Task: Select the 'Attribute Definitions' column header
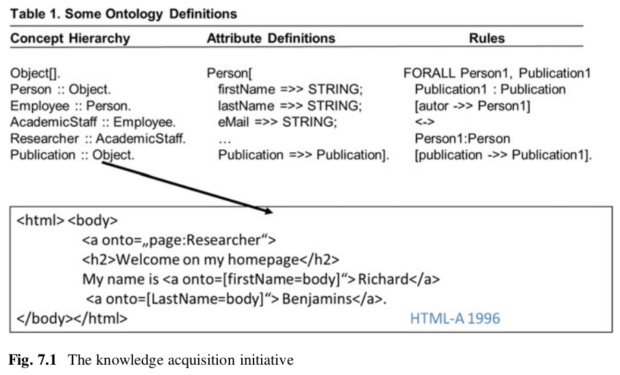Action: pyautogui.click(x=271, y=39)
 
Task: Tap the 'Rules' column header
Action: pyautogui.click(x=488, y=39)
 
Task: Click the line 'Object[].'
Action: pyautogui.click(x=34, y=73)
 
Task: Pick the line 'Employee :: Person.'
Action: pyautogui.click(x=70, y=106)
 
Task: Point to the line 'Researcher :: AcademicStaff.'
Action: pyautogui.click(x=97, y=138)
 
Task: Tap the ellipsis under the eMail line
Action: pyautogui.click(x=224, y=138)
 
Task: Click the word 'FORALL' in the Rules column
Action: pyautogui.click(x=430, y=73)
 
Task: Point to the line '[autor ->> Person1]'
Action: pyautogui.click(x=472, y=106)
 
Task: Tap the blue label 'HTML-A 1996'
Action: pyautogui.click(x=455, y=318)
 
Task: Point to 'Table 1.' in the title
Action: pyautogui.click(x=32, y=14)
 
